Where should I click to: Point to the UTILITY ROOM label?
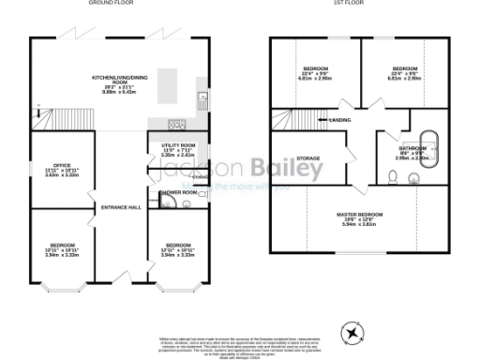[x=177, y=146]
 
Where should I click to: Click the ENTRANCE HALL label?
[x=121, y=206]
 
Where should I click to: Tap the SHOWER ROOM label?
[x=177, y=191]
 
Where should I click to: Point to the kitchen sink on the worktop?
[x=200, y=98]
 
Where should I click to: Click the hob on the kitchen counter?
[x=176, y=124]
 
